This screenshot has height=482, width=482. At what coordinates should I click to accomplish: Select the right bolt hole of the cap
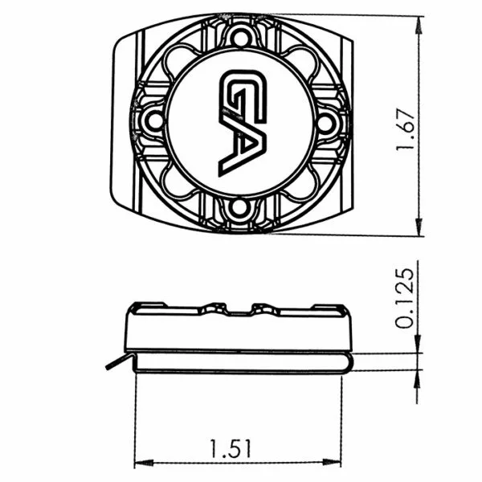click(x=326, y=122)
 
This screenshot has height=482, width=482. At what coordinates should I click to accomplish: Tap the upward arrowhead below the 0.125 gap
click(x=417, y=378)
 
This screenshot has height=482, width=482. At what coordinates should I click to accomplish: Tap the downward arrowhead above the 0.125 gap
click(x=417, y=344)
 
